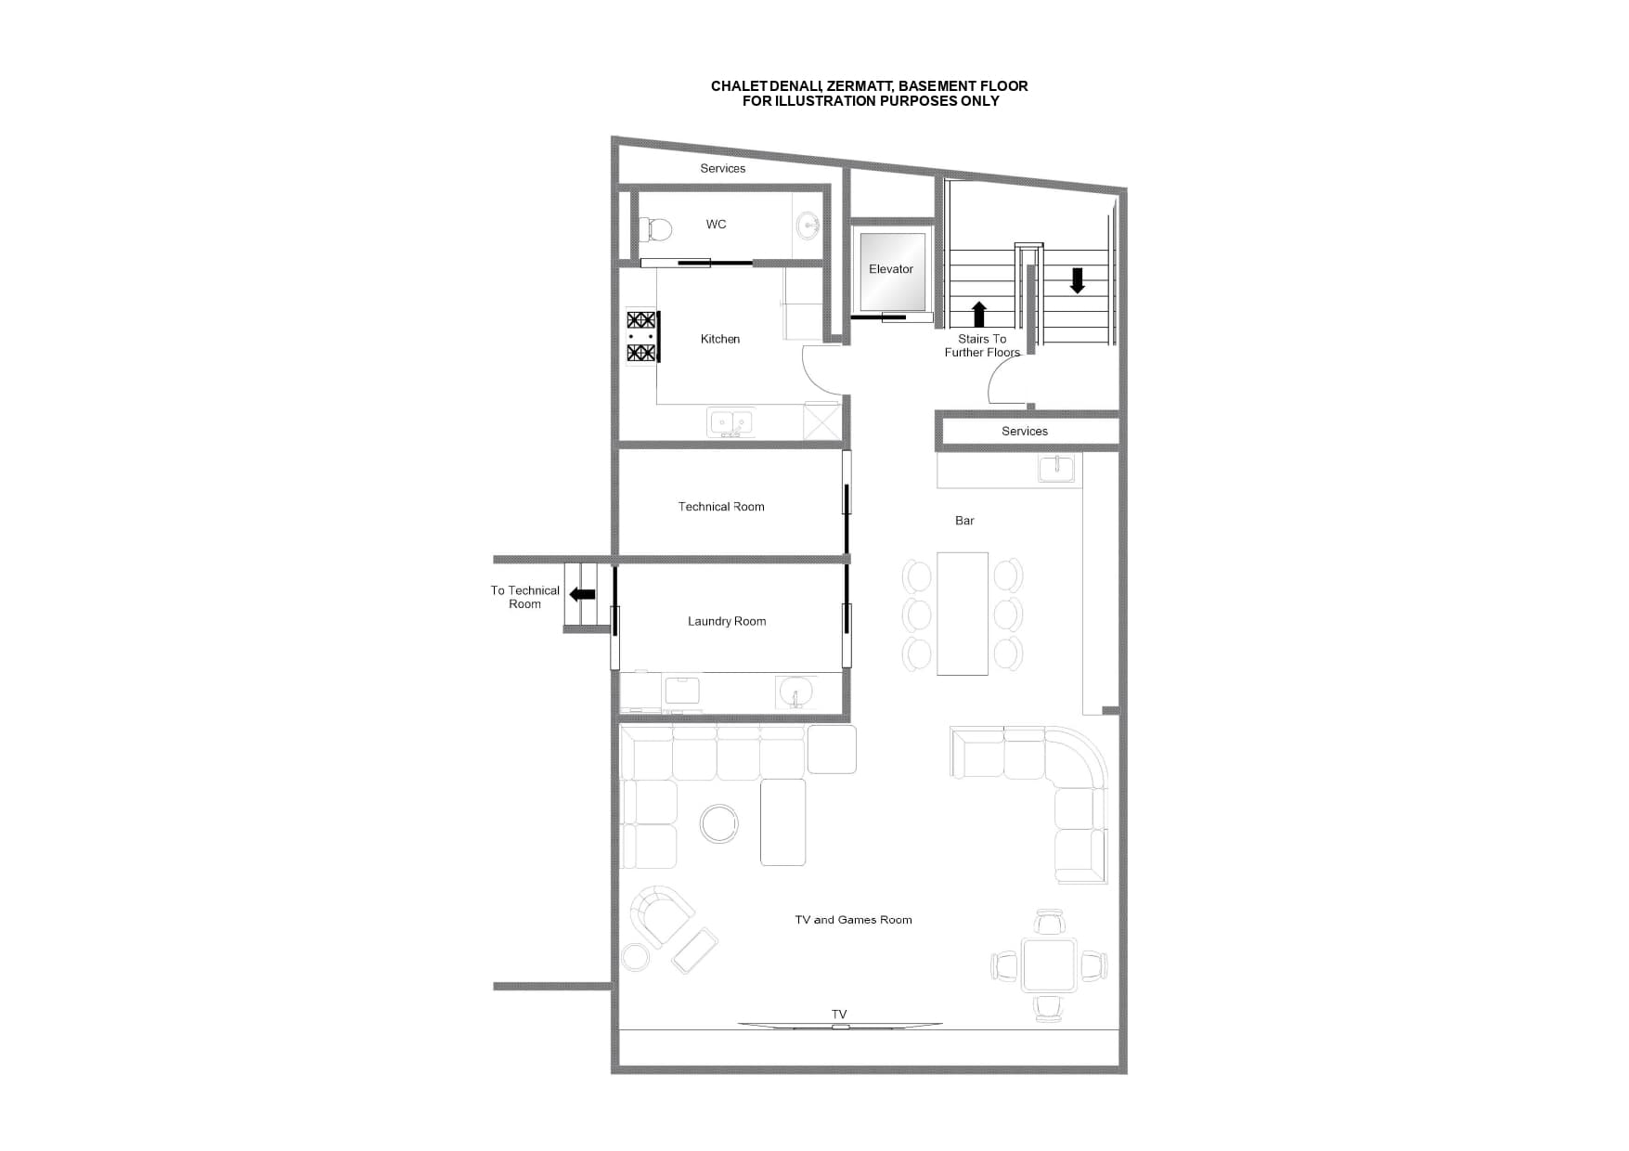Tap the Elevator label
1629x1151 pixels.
tap(891, 269)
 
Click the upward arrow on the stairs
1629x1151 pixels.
tap(979, 314)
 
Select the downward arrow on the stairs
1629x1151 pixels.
tap(1077, 280)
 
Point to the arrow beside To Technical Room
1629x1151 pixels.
tap(582, 594)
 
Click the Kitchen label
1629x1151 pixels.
tap(720, 339)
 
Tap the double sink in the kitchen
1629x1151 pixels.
tap(730, 422)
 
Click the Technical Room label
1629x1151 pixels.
tap(721, 507)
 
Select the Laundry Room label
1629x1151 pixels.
tap(727, 621)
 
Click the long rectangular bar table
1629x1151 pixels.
tap(963, 614)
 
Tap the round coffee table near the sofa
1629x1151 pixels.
tap(719, 823)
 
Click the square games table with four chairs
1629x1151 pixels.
tap(1049, 965)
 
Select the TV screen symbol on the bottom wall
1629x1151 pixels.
tap(840, 1026)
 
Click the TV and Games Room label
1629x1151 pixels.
tap(853, 920)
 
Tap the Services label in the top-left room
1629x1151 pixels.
tap(723, 168)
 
